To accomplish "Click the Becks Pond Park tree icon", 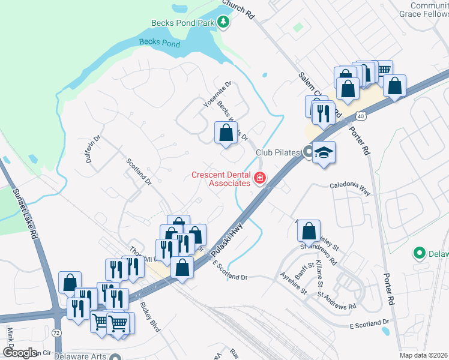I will coord(224,22).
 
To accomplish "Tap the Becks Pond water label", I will coord(160,43).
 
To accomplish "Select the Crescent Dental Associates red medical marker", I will coord(260,178).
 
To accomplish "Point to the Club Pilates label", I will coord(277,152).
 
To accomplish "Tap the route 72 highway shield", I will coord(56,332).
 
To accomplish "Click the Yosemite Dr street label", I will coord(217,95).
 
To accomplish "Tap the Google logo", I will coord(20,352).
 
